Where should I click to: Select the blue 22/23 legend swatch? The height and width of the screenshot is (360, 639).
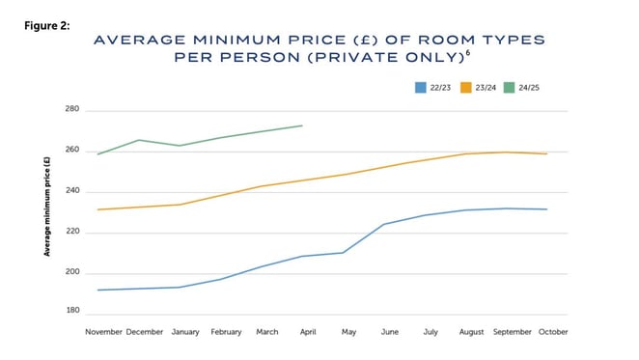pyautogui.click(x=420, y=88)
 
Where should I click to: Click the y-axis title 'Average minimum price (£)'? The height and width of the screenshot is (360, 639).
pyautogui.click(x=46, y=207)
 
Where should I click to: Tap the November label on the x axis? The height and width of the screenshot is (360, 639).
pyautogui.click(x=104, y=332)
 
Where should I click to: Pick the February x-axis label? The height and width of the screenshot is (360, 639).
pyautogui.click(x=225, y=332)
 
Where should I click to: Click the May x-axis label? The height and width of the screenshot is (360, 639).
pyautogui.click(x=348, y=332)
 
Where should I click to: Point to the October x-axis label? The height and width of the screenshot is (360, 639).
pyautogui.click(x=553, y=332)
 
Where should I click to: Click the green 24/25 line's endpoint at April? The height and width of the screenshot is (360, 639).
pyautogui.click(x=303, y=125)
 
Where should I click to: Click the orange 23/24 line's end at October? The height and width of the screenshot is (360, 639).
pyautogui.click(x=548, y=153)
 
